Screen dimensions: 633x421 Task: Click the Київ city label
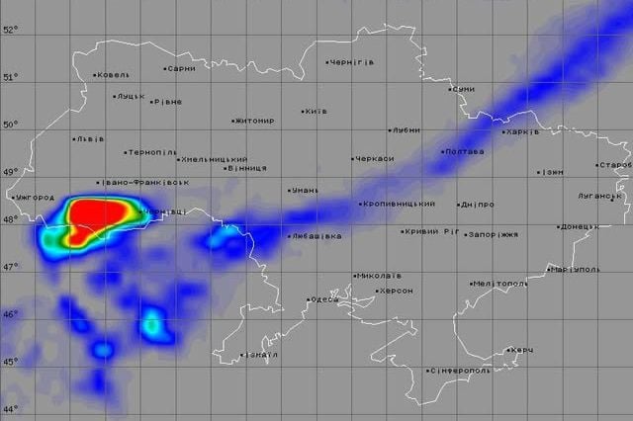pyautogui.click(x=316, y=112)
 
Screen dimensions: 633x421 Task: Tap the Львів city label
pyautogui.click(x=89, y=139)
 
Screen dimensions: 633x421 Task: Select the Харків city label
pyautogui.click(x=521, y=132)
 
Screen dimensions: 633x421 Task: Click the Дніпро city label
pyautogui.click(x=477, y=206)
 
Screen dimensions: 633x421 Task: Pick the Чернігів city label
pyautogui.click(x=351, y=62)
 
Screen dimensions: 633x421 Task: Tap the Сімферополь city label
pyautogui.click(x=460, y=372)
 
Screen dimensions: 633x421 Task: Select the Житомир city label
pyautogui.click(x=255, y=122)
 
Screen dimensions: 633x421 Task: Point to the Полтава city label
pyautogui.click(x=464, y=152)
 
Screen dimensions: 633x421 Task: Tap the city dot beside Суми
pyautogui.click(x=450, y=89)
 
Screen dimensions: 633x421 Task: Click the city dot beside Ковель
pyautogui.click(x=95, y=75)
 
